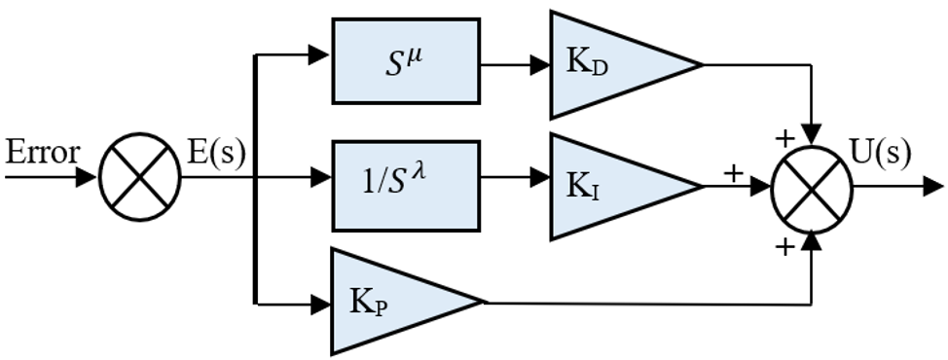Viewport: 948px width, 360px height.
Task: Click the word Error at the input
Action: (x=42, y=153)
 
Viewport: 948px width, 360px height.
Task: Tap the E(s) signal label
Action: (x=216, y=153)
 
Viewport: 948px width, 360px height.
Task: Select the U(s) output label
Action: (x=880, y=154)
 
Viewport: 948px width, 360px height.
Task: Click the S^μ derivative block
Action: (x=406, y=61)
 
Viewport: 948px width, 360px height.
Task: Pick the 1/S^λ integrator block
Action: (x=406, y=186)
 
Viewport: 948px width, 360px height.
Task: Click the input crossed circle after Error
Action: (x=139, y=177)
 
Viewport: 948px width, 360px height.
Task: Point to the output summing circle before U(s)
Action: (x=812, y=189)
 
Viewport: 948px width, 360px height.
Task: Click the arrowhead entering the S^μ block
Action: (x=318, y=54)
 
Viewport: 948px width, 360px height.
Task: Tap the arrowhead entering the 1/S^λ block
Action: (x=320, y=177)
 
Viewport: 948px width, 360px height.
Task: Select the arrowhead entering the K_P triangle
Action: (x=320, y=305)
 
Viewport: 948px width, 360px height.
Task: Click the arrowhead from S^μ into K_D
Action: (x=539, y=64)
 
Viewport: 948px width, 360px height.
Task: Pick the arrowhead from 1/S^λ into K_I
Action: (x=539, y=177)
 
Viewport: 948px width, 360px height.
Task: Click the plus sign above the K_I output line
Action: (x=733, y=173)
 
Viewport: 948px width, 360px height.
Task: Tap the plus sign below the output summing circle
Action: (x=784, y=246)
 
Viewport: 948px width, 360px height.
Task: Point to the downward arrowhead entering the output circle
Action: (x=812, y=133)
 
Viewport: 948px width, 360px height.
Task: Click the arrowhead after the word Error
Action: (x=86, y=177)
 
